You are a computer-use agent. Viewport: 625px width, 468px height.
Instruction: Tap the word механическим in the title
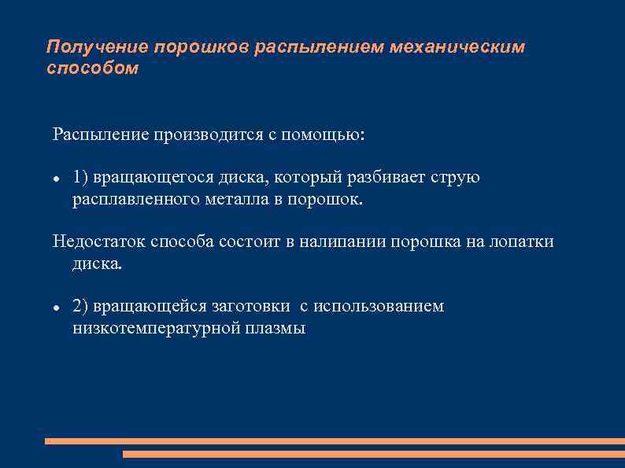pos(463,48)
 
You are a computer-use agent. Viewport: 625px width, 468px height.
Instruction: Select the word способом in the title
pos(92,68)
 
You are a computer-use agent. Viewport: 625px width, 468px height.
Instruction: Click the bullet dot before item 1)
pos(56,179)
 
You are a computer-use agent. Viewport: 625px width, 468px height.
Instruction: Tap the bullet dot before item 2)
pos(56,308)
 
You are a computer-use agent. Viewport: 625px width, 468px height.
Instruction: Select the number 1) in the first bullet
pos(80,177)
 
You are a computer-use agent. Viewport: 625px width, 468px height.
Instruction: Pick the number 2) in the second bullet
pos(80,306)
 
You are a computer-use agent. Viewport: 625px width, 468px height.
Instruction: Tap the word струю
pos(455,177)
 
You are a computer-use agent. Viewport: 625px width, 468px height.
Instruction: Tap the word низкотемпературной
pos(155,328)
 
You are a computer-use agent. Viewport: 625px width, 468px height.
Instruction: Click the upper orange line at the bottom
pos(334,441)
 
